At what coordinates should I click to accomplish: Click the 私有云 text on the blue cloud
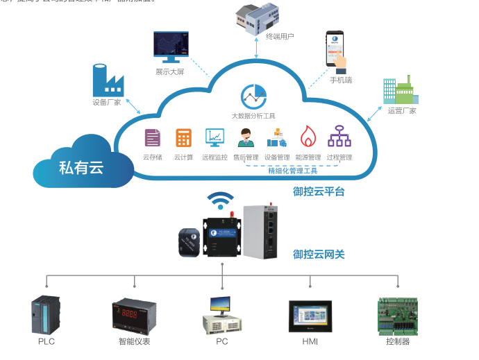pos(81,167)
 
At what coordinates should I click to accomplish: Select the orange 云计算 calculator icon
pos(183,137)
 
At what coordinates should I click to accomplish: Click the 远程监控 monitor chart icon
pos(215,137)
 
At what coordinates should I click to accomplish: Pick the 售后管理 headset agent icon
pos(246,137)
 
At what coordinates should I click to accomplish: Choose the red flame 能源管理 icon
pos(308,137)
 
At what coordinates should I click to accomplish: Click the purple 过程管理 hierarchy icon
pos(339,137)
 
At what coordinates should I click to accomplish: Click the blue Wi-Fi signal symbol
pos(221,200)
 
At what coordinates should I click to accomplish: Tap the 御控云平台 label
pos(319,191)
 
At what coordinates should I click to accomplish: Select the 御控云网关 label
pos(319,255)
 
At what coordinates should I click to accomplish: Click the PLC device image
pos(44,316)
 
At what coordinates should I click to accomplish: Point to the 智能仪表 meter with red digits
pos(133,316)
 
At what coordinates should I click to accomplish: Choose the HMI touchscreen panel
pos(310,317)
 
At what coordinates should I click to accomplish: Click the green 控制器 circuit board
pos(397,316)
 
